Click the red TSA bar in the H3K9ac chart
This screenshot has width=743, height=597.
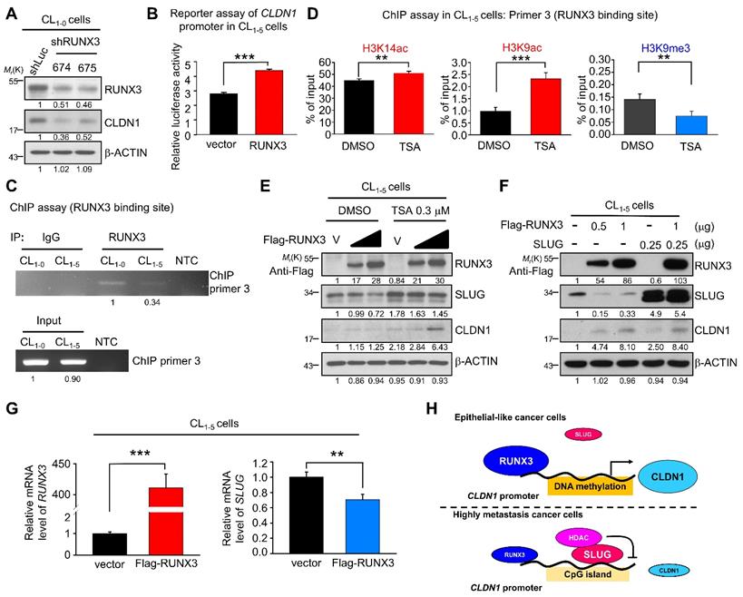(544, 105)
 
